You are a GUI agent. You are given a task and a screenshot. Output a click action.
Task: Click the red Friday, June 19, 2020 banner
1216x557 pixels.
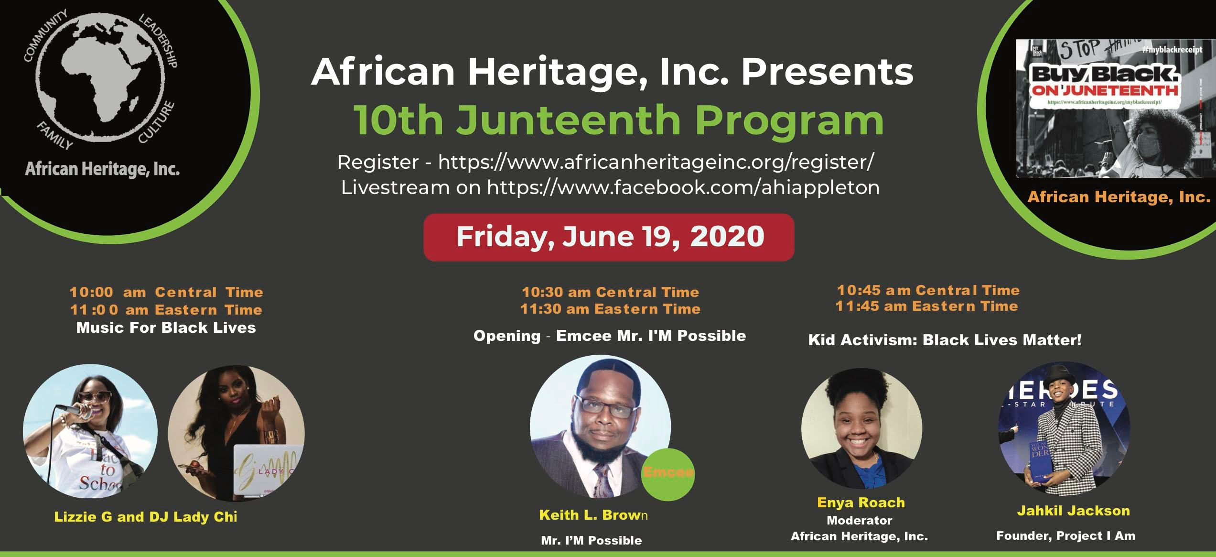609,237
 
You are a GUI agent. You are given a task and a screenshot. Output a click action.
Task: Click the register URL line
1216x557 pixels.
605,162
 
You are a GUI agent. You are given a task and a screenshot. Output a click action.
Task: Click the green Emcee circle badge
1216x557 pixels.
667,474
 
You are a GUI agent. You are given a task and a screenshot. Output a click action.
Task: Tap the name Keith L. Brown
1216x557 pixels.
593,515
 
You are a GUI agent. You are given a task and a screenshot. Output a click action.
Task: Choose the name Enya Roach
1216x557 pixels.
861,502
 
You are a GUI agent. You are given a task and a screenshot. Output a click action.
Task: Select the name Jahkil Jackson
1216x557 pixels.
1073,511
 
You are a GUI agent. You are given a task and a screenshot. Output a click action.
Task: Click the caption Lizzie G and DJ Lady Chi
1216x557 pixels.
146,517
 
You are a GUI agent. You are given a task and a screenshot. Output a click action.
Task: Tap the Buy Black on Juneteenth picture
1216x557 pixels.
1115,108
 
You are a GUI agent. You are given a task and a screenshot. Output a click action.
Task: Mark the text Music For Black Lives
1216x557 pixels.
166,328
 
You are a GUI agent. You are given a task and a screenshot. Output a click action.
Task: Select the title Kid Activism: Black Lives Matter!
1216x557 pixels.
945,340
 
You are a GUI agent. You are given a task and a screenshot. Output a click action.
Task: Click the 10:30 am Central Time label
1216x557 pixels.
610,292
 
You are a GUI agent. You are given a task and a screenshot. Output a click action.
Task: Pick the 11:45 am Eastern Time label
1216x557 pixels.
927,306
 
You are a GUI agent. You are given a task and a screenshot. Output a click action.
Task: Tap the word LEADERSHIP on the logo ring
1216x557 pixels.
158,41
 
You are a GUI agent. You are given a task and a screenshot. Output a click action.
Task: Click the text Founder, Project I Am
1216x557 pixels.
1065,536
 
